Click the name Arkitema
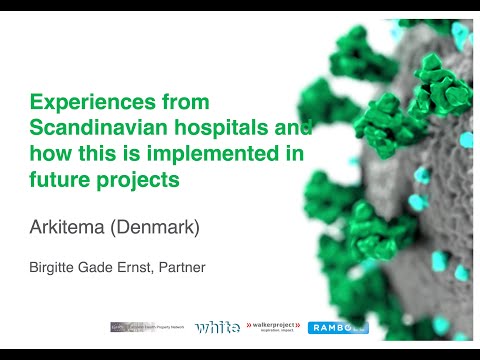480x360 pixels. [x=68, y=228]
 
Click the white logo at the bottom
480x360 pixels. [x=217, y=327]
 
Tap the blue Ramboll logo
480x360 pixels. [x=339, y=327]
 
